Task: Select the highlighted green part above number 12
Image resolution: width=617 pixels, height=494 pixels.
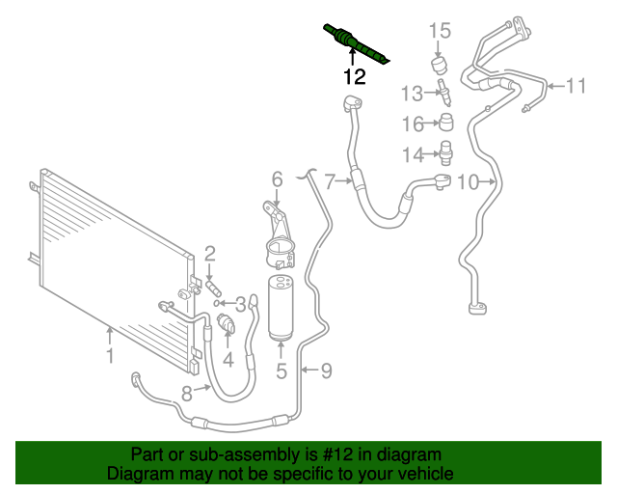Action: [356, 41]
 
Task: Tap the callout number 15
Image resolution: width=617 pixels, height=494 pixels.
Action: [440, 31]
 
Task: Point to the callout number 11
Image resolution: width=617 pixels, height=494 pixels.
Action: [576, 87]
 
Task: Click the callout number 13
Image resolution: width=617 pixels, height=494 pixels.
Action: [412, 94]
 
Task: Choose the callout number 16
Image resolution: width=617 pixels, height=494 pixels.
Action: [413, 123]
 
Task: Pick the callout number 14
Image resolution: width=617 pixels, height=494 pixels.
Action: [413, 153]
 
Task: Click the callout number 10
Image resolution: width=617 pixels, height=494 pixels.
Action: [467, 181]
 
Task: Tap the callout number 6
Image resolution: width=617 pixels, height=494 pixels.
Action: [277, 178]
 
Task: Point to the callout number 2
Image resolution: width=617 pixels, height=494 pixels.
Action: [209, 255]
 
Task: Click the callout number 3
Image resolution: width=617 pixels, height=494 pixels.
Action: [240, 304]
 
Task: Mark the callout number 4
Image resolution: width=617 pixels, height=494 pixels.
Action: [228, 361]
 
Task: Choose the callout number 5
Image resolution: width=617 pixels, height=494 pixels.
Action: [282, 370]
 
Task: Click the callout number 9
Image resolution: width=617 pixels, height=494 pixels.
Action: [326, 369]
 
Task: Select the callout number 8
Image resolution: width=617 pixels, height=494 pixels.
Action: [187, 391]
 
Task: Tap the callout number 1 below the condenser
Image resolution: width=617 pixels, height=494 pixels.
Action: [110, 357]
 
